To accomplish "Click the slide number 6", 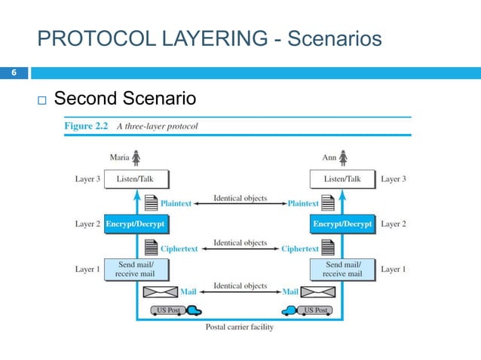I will pos(13,73).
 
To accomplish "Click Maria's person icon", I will pos(136,158).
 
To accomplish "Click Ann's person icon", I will pos(344,158).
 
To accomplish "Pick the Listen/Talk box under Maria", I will pos(136,179).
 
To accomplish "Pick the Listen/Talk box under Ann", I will pos(342,179).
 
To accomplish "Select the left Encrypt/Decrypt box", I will pos(135,224).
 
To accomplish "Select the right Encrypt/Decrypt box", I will pos(342,224).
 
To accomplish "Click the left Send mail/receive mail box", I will pos(136,269).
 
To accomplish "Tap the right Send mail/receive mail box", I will pos(343,269).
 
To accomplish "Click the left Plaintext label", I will pos(176,203).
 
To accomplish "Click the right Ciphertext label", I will pos(300,249).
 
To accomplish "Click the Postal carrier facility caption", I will pos(240,327).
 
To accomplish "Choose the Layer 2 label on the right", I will pos(394,224).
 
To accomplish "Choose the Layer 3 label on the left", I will pos(87,179).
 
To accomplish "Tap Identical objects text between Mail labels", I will pos(240,285).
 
